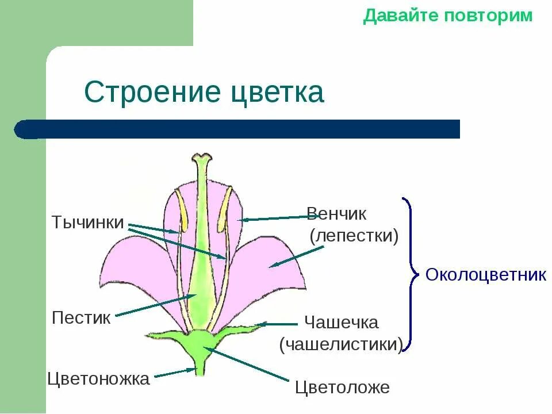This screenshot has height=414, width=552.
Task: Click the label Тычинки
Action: [x=87, y=223]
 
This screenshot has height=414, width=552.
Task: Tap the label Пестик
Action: [x=81, y=318]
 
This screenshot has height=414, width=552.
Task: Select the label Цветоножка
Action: [x=98, y=379]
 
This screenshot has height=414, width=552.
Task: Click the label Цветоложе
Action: [x=342, y=388]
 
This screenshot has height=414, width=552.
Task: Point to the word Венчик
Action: [x=336, y=214]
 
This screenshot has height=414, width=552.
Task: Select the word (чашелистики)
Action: [x=340, y=344]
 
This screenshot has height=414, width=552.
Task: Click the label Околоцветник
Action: [x=486, y=275]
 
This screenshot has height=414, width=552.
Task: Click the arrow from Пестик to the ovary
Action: [x=155, y=305]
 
